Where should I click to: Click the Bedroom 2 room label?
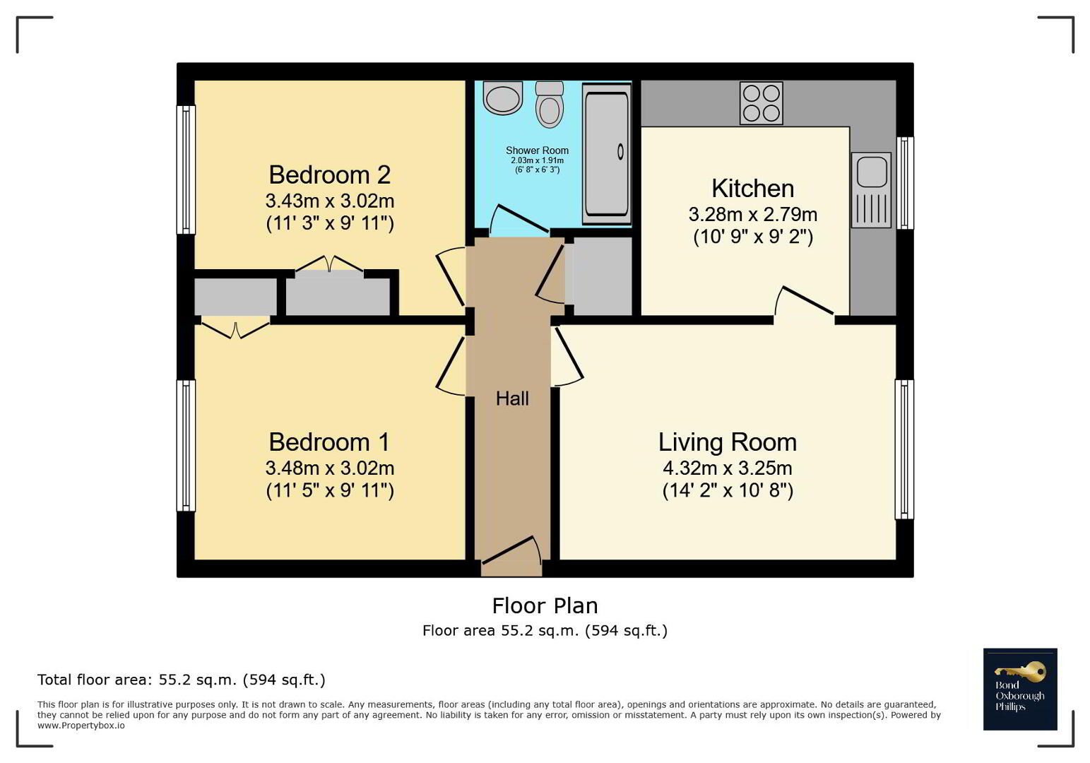329,175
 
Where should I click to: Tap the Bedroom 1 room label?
329,442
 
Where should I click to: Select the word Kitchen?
753,189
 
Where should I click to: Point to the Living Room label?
728,442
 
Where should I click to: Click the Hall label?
512,398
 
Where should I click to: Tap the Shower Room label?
537,150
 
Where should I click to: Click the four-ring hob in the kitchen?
762,103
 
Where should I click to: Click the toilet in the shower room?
550,105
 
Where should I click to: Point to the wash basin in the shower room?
502,97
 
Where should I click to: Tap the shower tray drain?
620,152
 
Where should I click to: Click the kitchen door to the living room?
804,302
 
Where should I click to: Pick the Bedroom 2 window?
186,170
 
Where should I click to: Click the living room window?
905,449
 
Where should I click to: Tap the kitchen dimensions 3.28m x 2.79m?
753,215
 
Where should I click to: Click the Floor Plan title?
545,606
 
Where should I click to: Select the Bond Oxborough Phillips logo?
1020,689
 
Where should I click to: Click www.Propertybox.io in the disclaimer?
81,726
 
